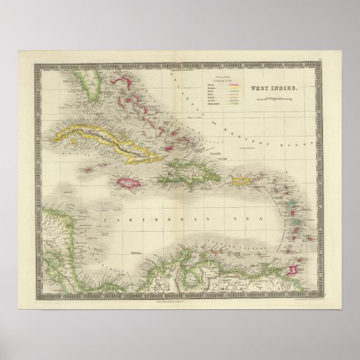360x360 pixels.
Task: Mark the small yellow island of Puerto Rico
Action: (242, 181)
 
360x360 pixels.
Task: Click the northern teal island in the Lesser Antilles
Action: (289, 204)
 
